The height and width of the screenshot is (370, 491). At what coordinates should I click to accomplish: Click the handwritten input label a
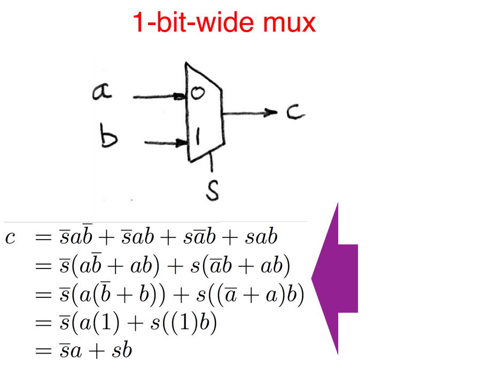pos(102,92)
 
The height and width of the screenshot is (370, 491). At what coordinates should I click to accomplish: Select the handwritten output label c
pos(294,113)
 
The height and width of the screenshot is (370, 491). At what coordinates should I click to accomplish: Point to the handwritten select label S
pos(213,190)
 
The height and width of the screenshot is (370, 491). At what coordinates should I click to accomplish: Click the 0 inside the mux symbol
pos(197,94)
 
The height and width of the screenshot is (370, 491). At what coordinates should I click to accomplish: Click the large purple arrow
pos(336,278)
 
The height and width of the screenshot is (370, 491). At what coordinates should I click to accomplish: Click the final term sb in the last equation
pos(122,351)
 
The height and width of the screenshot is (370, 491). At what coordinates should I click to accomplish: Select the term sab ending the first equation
pos(261,237)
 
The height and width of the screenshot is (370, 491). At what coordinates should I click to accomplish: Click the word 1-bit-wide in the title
pos(190,23)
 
